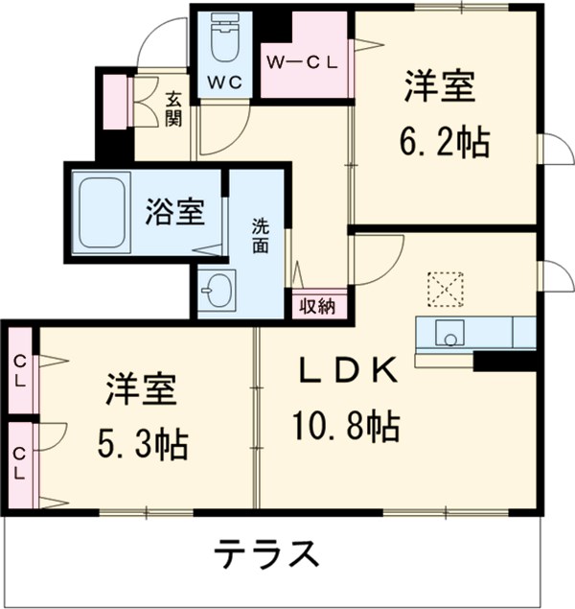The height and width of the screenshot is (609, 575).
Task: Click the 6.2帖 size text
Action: pyautogui.click(x=445, y=143)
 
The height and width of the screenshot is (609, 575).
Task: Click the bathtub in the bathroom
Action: pyautogui.click(x=102, y=212)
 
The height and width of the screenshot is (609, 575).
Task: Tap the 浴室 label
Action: pyautogui.click(x=175, y=212)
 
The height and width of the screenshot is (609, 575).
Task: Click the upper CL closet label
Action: pyautogui.click(x=20, y=369)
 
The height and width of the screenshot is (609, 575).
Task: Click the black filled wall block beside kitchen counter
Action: pyautogui.click(x=504, y=362)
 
